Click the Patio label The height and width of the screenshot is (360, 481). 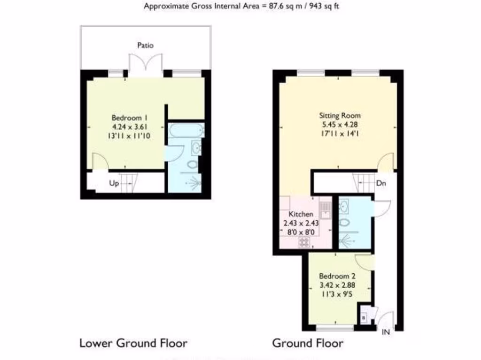(x=145, y=45)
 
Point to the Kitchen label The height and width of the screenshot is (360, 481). (x=301, y=214)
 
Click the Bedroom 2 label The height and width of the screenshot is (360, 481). (x=334, y=276)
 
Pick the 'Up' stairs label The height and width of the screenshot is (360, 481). (x=114, y=183)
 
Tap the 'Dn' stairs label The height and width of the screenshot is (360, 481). (x=381, y=183)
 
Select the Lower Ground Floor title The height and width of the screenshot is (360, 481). (x=133, y=343)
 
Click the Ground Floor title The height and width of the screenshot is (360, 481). (x=308, y=343)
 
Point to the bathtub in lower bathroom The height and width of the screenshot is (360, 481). (x=186, y=130)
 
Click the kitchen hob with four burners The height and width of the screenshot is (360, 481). (x=304, y=242)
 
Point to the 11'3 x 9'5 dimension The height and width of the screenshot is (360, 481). (x=334, y=294)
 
